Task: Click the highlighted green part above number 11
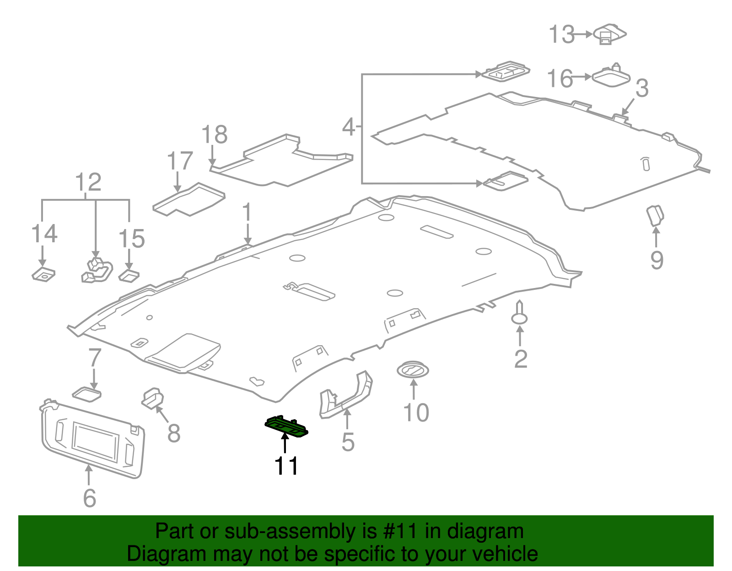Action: click(286, 427)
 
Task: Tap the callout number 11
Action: click(286, 466)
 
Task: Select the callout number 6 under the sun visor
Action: click(90, 498)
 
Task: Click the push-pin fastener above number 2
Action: click(519, 313)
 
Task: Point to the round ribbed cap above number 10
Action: click(413, 370)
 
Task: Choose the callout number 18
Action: click(215, 134)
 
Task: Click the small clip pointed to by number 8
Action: click(153, 398)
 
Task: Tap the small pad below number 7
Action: click(87, 395)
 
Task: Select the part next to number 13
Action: click(609, 34)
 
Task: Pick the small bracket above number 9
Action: click(655, 215)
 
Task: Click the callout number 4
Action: click(349, 127)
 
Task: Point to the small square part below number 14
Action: click(43, 274)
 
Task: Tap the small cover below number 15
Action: click(129, 276)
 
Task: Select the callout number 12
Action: click(88, 181)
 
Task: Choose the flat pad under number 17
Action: click(189, 199)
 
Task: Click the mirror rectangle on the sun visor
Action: click(95, 442)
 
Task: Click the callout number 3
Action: click(642, 88)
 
